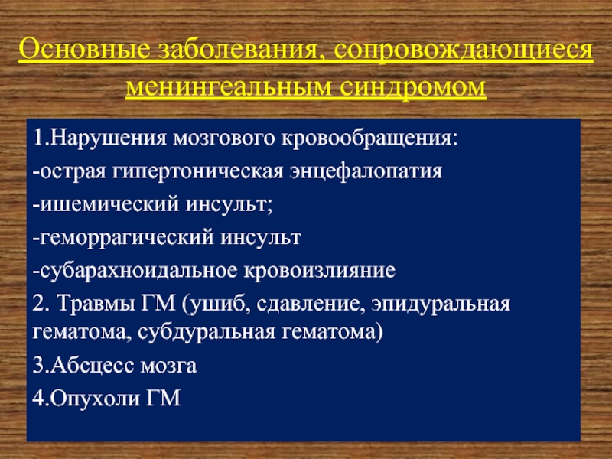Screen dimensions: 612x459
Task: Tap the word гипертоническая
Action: pyautogui.click(x=198, y=172)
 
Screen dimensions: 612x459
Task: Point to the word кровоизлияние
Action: pyautogui.click(x=320, y=271)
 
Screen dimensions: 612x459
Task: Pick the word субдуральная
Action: pyautogui.click(x=207, y=333)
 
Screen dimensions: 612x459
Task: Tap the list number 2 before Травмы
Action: pyautogui.click(x=37, y=304)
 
